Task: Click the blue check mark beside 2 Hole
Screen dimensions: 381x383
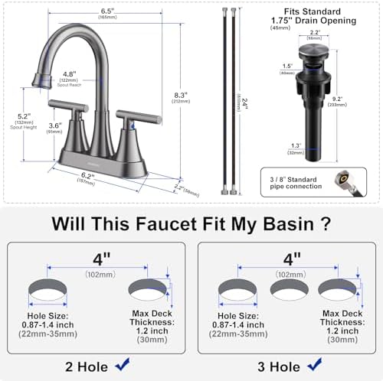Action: (122, 366)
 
